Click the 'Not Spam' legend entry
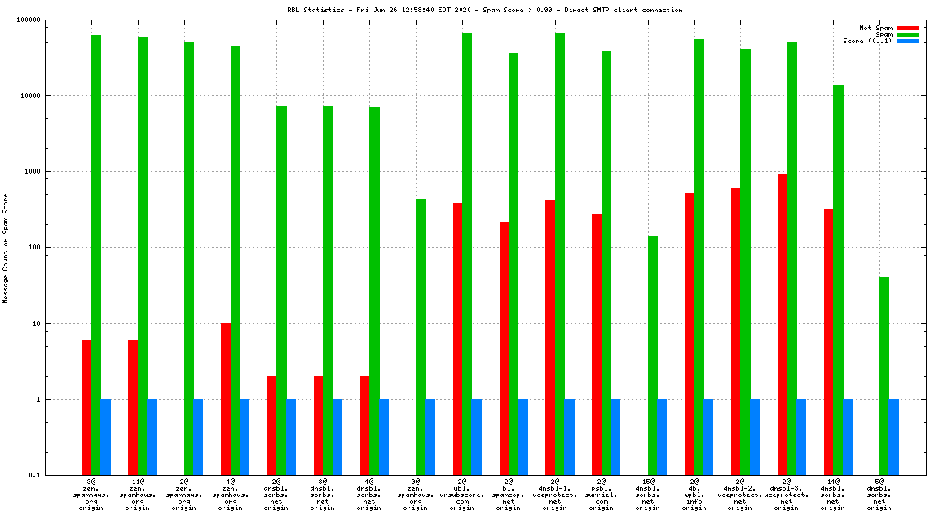click(x=876, y=28)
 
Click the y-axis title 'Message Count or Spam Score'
click(x=6, y=248)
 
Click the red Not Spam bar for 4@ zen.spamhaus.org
click(x=226, y=399)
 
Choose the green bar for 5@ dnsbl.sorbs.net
click(x=884, y=376)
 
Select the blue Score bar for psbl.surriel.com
click(x=615, y=437)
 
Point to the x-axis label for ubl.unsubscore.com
click(x=462, y=494)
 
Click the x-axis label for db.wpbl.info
click(x=694, y=494)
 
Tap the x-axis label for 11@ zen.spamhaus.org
click(x=138, y=494)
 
